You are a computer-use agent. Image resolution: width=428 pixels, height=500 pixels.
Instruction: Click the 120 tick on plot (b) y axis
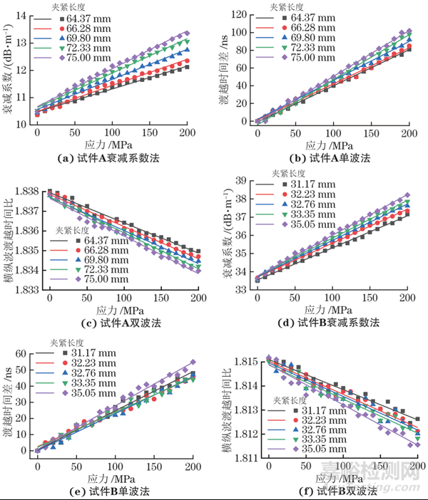(x=243, y=15)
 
